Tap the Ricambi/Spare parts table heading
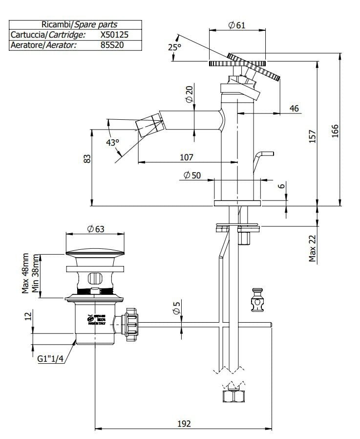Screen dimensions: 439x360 click(x=76, y=24)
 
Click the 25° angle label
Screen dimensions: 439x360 click(x=174, y=47)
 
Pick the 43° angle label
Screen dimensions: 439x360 click(x=113, y=143)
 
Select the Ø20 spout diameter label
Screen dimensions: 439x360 click(x=190, y=93)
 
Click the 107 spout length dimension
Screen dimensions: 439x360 click(x=187, y=157)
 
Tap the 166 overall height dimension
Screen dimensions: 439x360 click(x=335, y=131)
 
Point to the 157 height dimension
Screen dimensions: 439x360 click(x=313, y=136)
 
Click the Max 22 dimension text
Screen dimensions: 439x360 click(x=313, y=247)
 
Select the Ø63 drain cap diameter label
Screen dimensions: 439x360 click(x=96, y=229)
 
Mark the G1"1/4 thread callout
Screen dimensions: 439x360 click(x=51, y=358)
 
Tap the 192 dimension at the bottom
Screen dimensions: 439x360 click(x=183, y=423)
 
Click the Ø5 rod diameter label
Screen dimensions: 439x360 click(x=177, y=308)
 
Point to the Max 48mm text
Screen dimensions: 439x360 click(x=25, y=273)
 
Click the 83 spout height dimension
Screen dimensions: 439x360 click(x=87, y=159)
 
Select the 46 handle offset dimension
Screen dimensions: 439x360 click(x=294, y=109)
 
